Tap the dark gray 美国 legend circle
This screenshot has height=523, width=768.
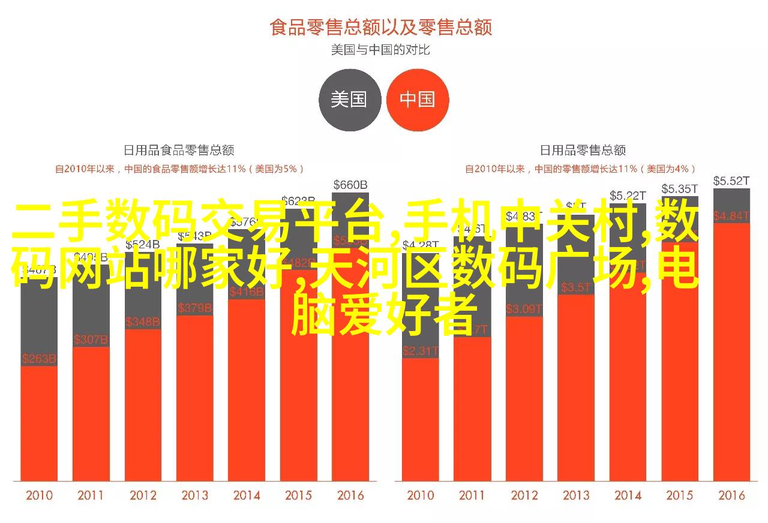(x=349, y=100)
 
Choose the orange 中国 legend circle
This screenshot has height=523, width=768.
(x=418, y=100)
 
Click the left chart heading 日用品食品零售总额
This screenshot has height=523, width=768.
(x=178, y=150)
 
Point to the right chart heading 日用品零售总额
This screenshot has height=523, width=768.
(x=582, y=150)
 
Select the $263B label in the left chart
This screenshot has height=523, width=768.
(x=39, y=359)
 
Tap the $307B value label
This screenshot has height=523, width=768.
(x=91, y=340)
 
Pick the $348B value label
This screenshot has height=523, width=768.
(x=143, y=322)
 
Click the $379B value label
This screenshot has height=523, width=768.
(x=194, y=308)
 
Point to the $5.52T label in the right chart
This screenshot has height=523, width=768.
(x=731, y=181)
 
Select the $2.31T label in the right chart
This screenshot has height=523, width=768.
(x=421, y=351)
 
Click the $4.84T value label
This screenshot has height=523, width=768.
(x=731, y=215)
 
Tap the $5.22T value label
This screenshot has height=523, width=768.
(x=628, y=196)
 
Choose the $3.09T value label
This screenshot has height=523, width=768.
(x=524, y=309)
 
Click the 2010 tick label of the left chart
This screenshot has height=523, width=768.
(x=39, y=495)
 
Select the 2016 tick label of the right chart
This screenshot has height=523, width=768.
(x=731, y=495)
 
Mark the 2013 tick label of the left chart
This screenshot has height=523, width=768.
(x=194, y=495)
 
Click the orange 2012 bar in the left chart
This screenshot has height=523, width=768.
(x=143, y=408)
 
